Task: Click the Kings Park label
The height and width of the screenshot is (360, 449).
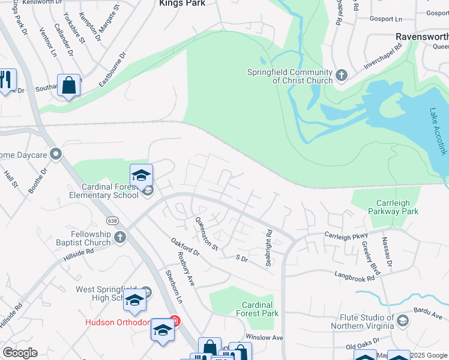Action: tap(182, 4)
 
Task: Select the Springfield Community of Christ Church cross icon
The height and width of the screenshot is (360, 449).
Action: tap(342, 76)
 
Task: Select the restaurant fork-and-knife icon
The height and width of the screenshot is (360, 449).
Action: tap(7, 80)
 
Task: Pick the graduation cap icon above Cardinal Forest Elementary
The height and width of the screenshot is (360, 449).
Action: tap(141, 175)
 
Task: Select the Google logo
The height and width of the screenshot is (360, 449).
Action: tap(20, 353)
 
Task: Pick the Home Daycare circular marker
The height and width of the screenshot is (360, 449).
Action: tap(56, 155)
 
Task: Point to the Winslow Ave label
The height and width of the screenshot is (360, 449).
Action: tap(264, 337)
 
